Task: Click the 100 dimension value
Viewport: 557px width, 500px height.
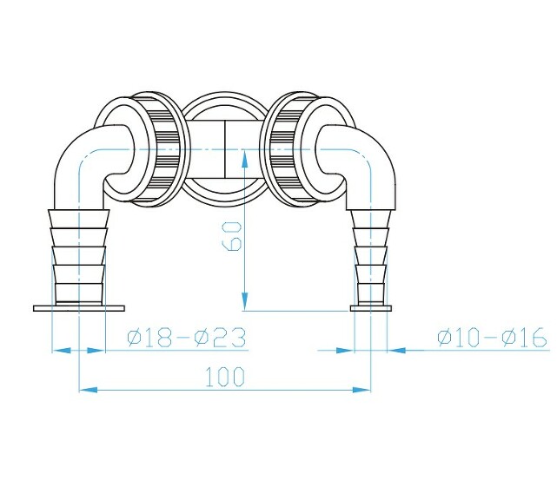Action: click(x=225, y=377)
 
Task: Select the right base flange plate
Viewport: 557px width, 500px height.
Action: click(x=371, y=307)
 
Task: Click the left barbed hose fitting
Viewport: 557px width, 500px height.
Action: click(x=79, y=256)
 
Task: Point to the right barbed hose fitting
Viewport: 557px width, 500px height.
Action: click(x=371, y=256)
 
